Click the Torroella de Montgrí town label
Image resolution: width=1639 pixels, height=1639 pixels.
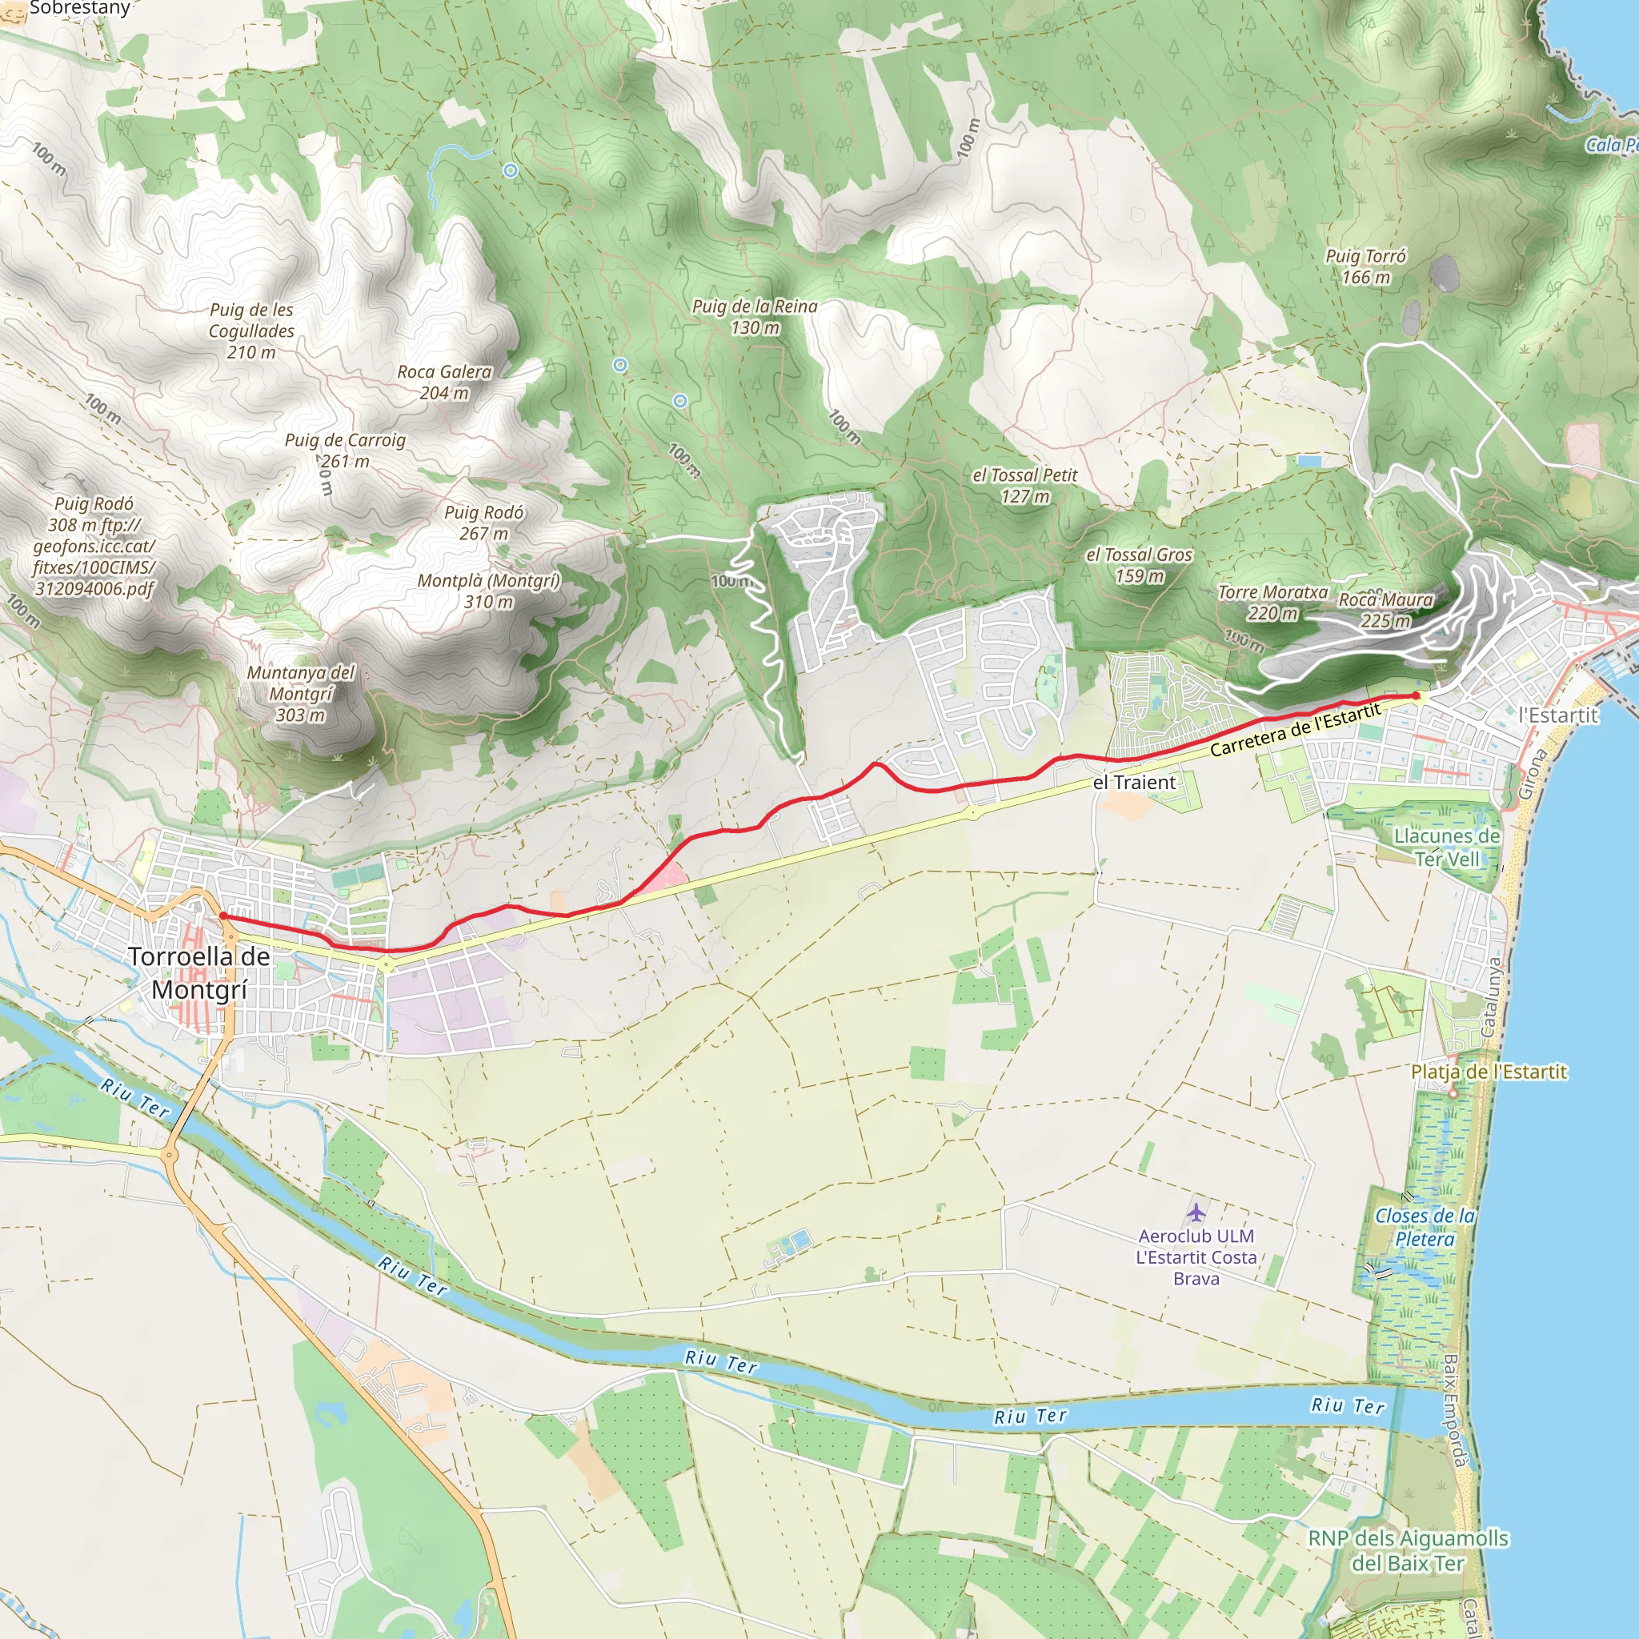click(x=199, y=973)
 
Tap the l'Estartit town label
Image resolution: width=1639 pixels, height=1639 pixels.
click(x=1558, y=715)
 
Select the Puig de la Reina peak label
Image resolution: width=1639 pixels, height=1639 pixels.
click(x=754, y=316)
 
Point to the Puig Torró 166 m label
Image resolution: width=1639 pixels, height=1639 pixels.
click(x=1366, y=266)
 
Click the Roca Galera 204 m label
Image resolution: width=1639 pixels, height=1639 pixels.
click(x=444, y=382)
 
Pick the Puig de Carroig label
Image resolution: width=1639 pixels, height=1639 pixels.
click(x=344, y=450)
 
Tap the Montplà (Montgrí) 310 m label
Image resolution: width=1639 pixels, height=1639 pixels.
click(x=489, y=591)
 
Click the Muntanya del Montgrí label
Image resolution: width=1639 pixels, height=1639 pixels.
click(x=301, y=693)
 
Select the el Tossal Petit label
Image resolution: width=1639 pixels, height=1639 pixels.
click(x=1025, y=485)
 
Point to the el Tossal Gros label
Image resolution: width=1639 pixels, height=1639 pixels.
click(x=1140, y=565)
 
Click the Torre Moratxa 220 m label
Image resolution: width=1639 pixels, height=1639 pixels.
click(x=1272, y=603)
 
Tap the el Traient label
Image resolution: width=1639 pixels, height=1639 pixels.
click(x=1134, y=782)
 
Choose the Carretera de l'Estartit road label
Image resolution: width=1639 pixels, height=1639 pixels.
click(x=1296, y=730)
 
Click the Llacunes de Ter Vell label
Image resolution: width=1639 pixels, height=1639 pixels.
click(x=1446, y=848)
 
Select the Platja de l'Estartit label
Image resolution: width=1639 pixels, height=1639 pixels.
click(x=1489, y=1072)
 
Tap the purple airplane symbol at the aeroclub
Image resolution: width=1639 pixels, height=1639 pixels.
click(x=1196, y=1212)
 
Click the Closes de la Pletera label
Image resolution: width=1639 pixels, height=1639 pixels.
click(x=1425, y=1228)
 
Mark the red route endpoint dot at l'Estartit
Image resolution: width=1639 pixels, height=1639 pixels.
click(x=1416, y=695)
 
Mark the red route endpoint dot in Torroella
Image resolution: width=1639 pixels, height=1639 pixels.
click(x=222, y=916)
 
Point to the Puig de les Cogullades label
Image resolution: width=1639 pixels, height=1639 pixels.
click(x=251, y=331)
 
